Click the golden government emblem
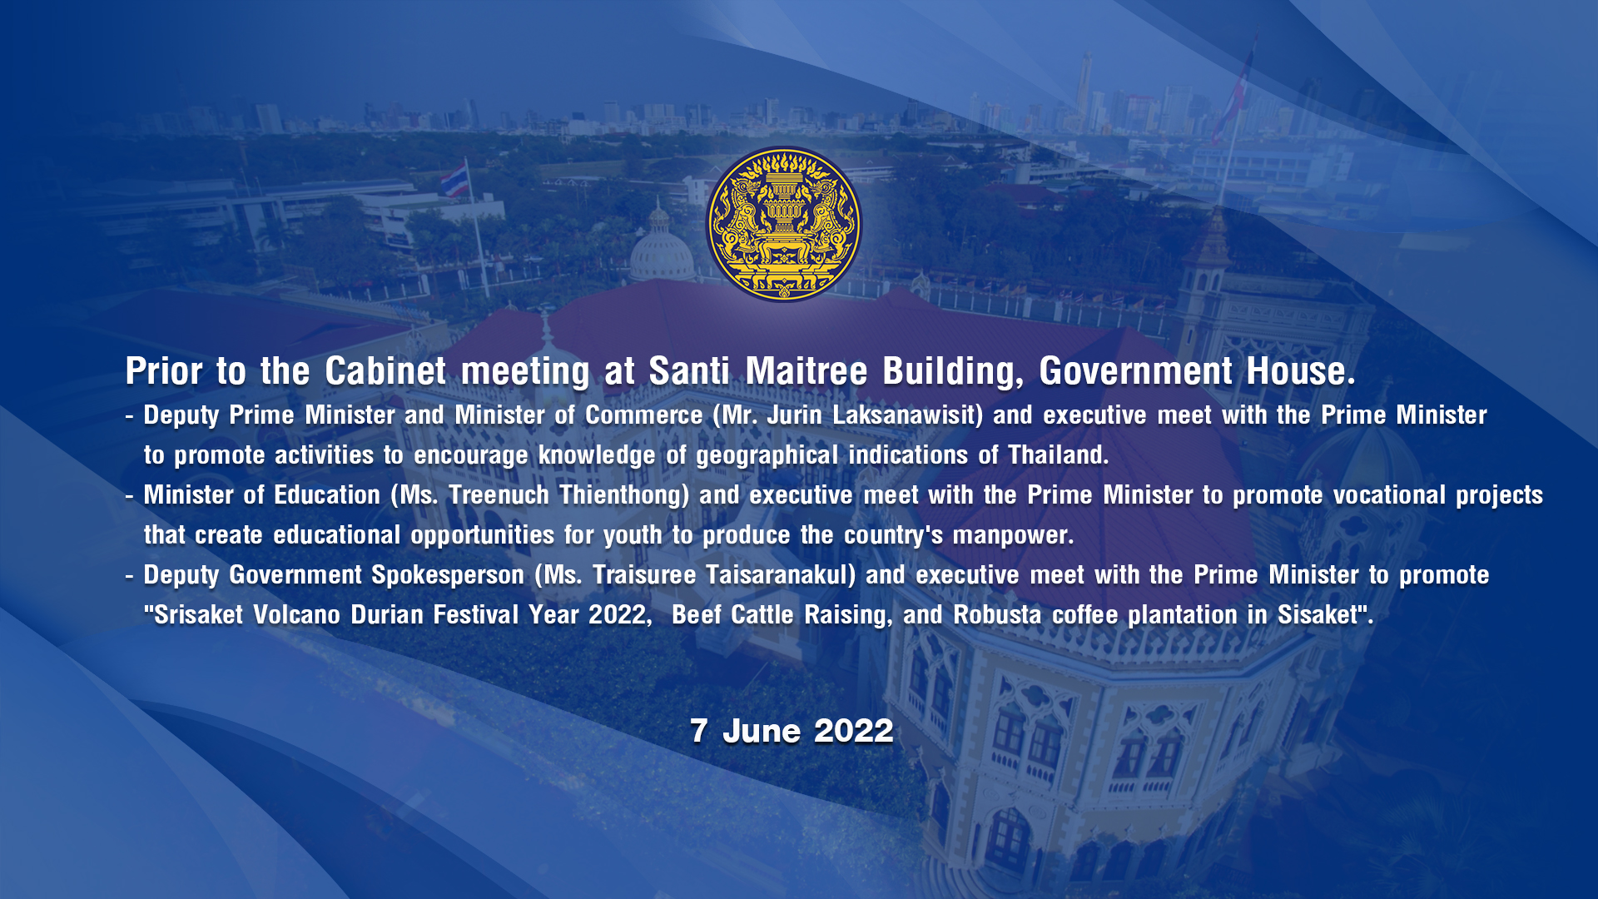click(x=784, y=224)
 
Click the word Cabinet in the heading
click(x=385, y=371)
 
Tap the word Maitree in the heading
click(x=806, y=371)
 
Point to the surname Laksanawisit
click(x=908, y=415)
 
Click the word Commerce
click(x=643, y=415)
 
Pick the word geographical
click(x=767, y=455)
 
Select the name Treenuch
click(x=499, y=494)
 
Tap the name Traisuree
click(x=644, y=574)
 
